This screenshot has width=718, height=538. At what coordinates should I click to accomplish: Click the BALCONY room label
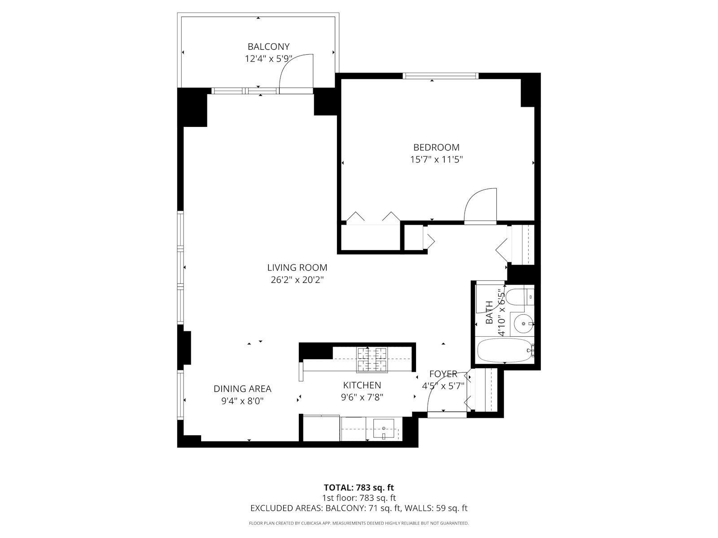(268, 47)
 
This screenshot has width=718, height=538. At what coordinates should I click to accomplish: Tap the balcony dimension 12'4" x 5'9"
(268, 59)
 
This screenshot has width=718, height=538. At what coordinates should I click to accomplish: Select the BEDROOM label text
(436, 148)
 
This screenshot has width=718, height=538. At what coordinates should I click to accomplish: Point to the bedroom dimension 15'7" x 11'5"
(436, 160)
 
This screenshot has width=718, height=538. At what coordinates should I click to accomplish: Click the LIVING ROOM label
(297, 268)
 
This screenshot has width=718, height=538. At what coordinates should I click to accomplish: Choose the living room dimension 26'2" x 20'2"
(297, 280)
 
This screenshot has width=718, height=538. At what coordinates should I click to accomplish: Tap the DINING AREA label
(242, 389)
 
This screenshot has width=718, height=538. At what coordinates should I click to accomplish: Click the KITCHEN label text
(362, 385)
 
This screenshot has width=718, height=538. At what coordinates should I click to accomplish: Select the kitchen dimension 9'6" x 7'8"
(362, 398)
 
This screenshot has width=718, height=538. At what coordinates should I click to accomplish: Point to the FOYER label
(443, 374)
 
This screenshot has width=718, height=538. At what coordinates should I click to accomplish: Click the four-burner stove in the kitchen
(372, 360)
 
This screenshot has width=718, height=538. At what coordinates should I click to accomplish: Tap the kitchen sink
(384, 428)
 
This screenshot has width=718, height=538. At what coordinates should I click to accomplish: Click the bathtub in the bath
(505, 350)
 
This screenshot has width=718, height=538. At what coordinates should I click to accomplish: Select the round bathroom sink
(523, 323)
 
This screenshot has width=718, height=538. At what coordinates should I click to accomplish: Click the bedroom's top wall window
(440, 76)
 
